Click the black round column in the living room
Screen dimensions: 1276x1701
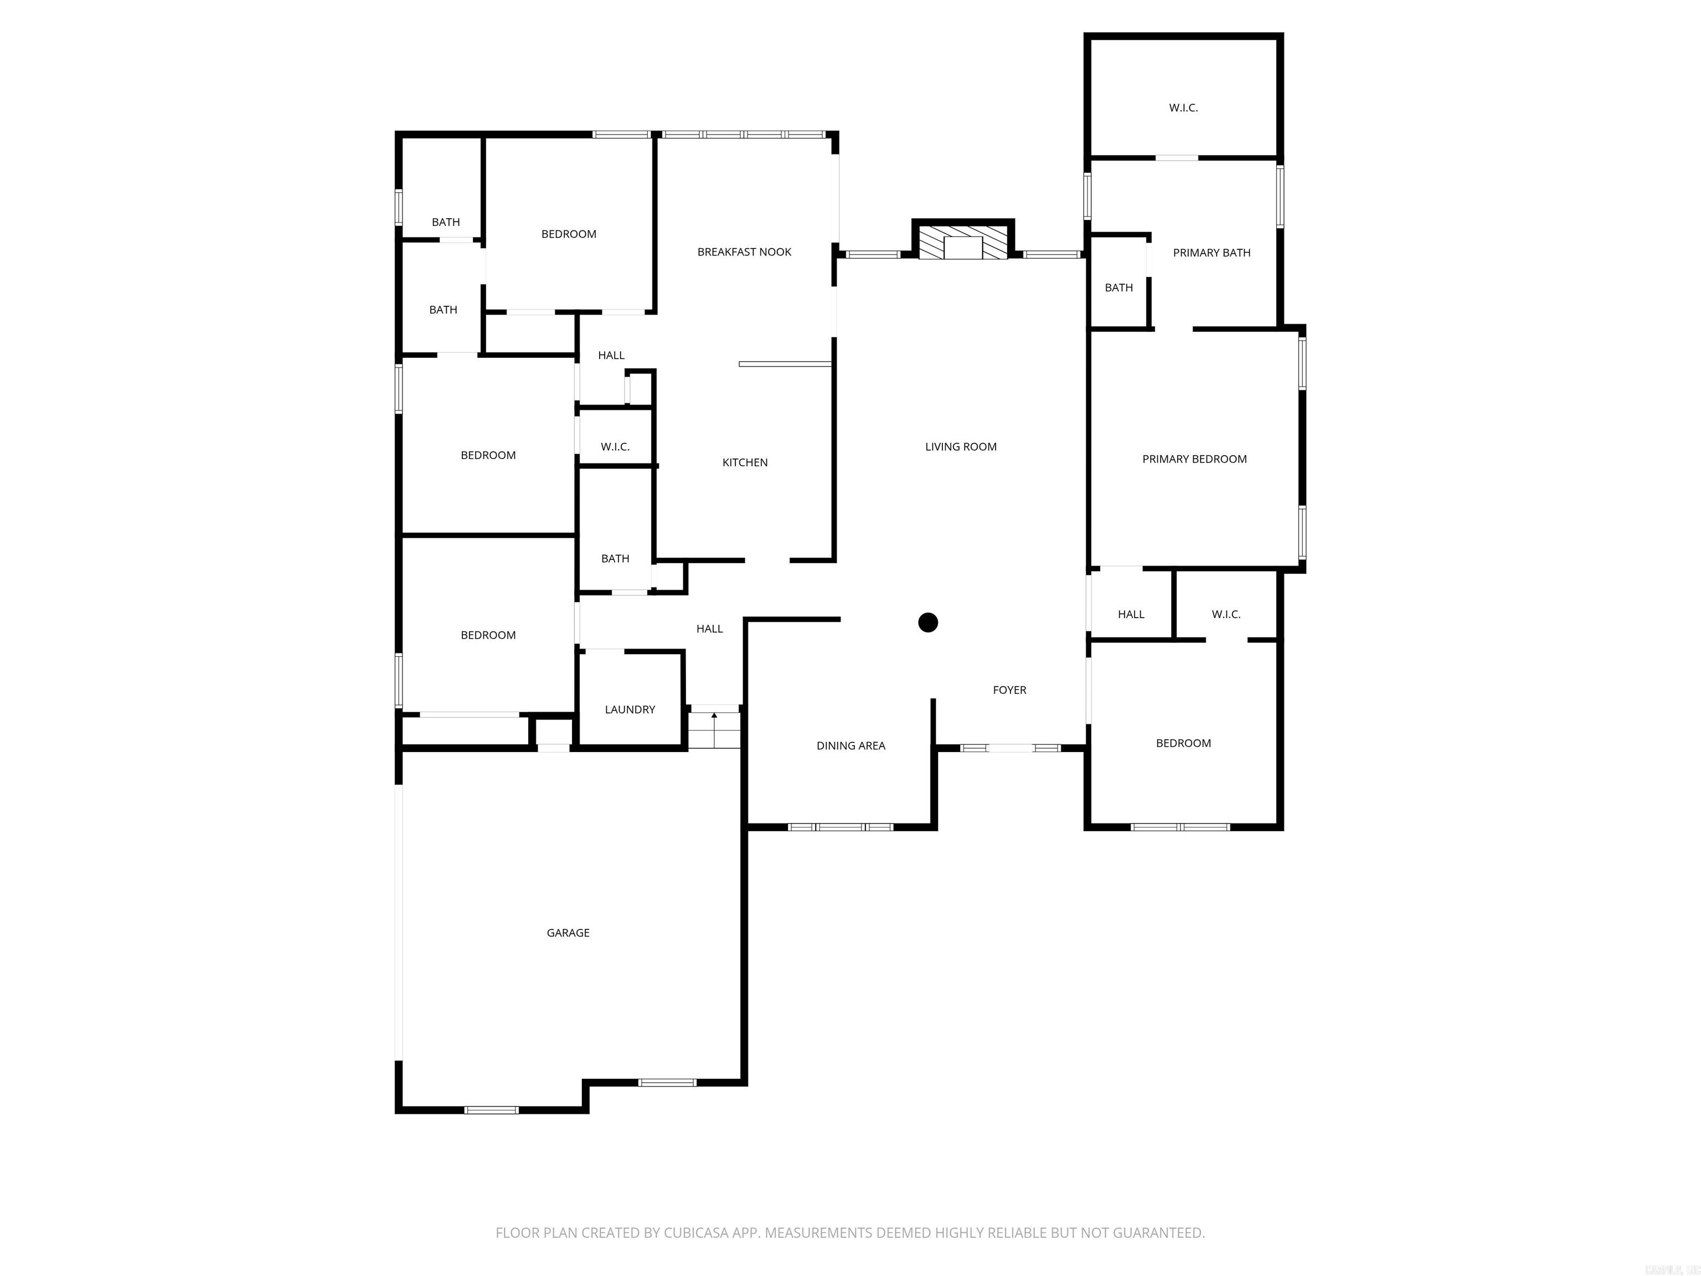pyautogui.click(x=928, y=622)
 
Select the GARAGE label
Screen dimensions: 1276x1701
pyautogui.click(x=568, y=932)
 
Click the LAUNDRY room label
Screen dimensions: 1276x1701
pyautogui.click(x=630, y=709)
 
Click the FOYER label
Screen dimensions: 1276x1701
pyautogui.click(x=1009, y=690)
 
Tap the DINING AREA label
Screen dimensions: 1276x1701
pyautogui.click(x=850, y=745)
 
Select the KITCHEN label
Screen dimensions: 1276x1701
pyautogui.click(x=744, y=462)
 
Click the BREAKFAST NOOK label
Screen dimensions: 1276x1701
pyautogui.click(x=744, y=251)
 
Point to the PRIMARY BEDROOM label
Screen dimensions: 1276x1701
pyautogui.click(x=1194, y=459)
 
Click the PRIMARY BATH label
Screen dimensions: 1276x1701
pyautogui.click(x=1211, y=253)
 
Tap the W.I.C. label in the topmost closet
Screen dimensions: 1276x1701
pyautogui.click(x=1183, y=107)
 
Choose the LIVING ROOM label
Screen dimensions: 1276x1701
pyautogui.click(x=961, y=446)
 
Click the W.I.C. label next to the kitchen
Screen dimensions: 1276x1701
pyautogui.click(x=615, y=446)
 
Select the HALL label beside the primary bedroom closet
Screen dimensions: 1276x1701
pyautogui.click(x=1131, y=614)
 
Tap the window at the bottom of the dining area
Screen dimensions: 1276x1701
pyautogui.click(x=841, y=827)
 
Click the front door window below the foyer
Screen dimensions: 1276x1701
pyautogui.click(x=1009, y=748)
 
